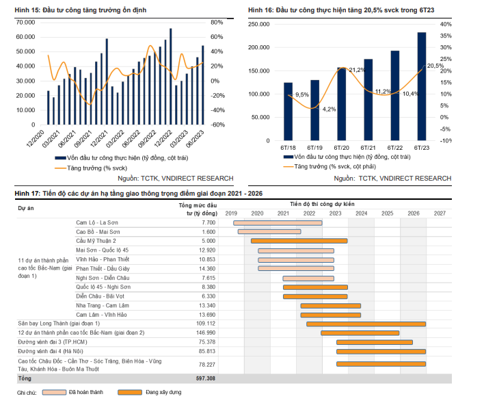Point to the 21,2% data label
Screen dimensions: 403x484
357,70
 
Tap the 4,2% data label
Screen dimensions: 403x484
329,109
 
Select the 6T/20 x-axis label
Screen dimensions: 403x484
342,148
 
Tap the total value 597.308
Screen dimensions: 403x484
206,378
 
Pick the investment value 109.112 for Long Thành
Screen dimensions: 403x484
206,323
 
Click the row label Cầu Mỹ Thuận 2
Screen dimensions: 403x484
96,241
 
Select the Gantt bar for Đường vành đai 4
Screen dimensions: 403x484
381,351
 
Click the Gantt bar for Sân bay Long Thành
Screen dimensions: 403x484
366,324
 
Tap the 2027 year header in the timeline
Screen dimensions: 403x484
439,213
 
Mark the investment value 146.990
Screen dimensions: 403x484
206,333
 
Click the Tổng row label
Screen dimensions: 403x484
25,378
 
